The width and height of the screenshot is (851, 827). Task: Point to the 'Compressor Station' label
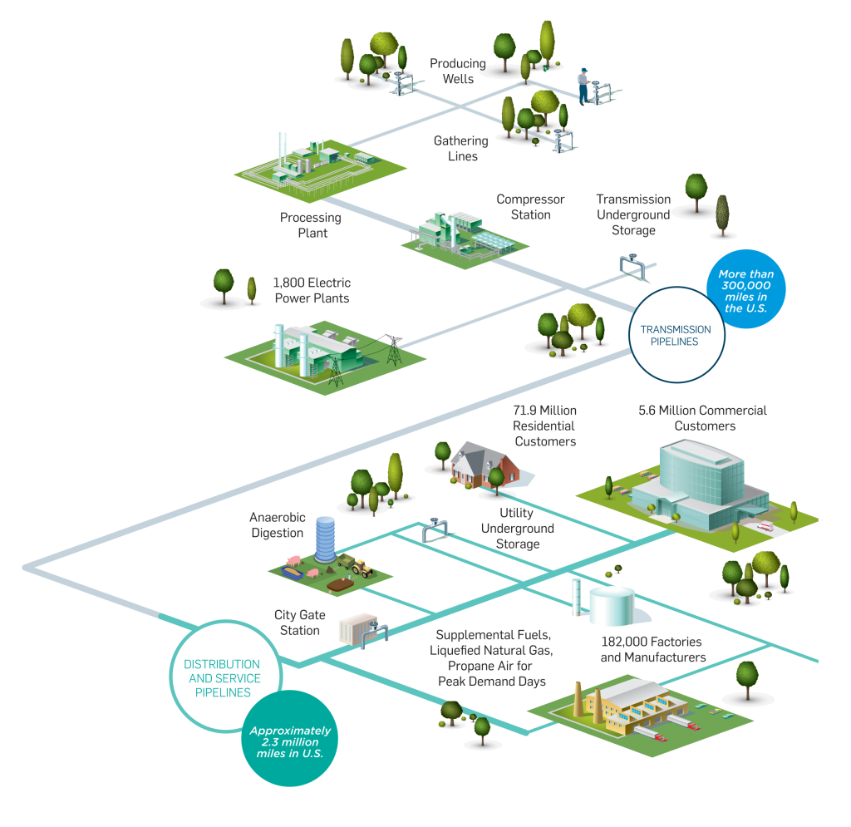click(530, 207)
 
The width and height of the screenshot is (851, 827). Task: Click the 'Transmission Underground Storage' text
click(633, 214)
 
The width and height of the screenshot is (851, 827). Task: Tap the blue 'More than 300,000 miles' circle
click(745, 291)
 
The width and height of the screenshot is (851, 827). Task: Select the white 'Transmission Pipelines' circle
click(675, 335)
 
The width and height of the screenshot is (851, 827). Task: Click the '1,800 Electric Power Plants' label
click(311, 290)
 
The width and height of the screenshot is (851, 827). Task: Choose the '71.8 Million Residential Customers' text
click(544, 426)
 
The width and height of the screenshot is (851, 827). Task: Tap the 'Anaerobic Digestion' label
click(277, 524)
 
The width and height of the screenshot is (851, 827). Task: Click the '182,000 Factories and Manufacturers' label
click(652, 649)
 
